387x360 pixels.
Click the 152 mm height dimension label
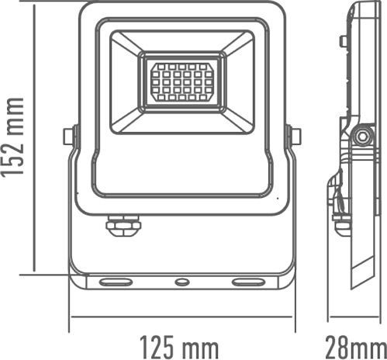pos(14,137)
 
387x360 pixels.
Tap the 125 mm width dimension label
pos(178,344)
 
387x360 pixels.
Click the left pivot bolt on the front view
pos(68,137)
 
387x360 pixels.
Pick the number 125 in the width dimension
pos(157,344)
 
